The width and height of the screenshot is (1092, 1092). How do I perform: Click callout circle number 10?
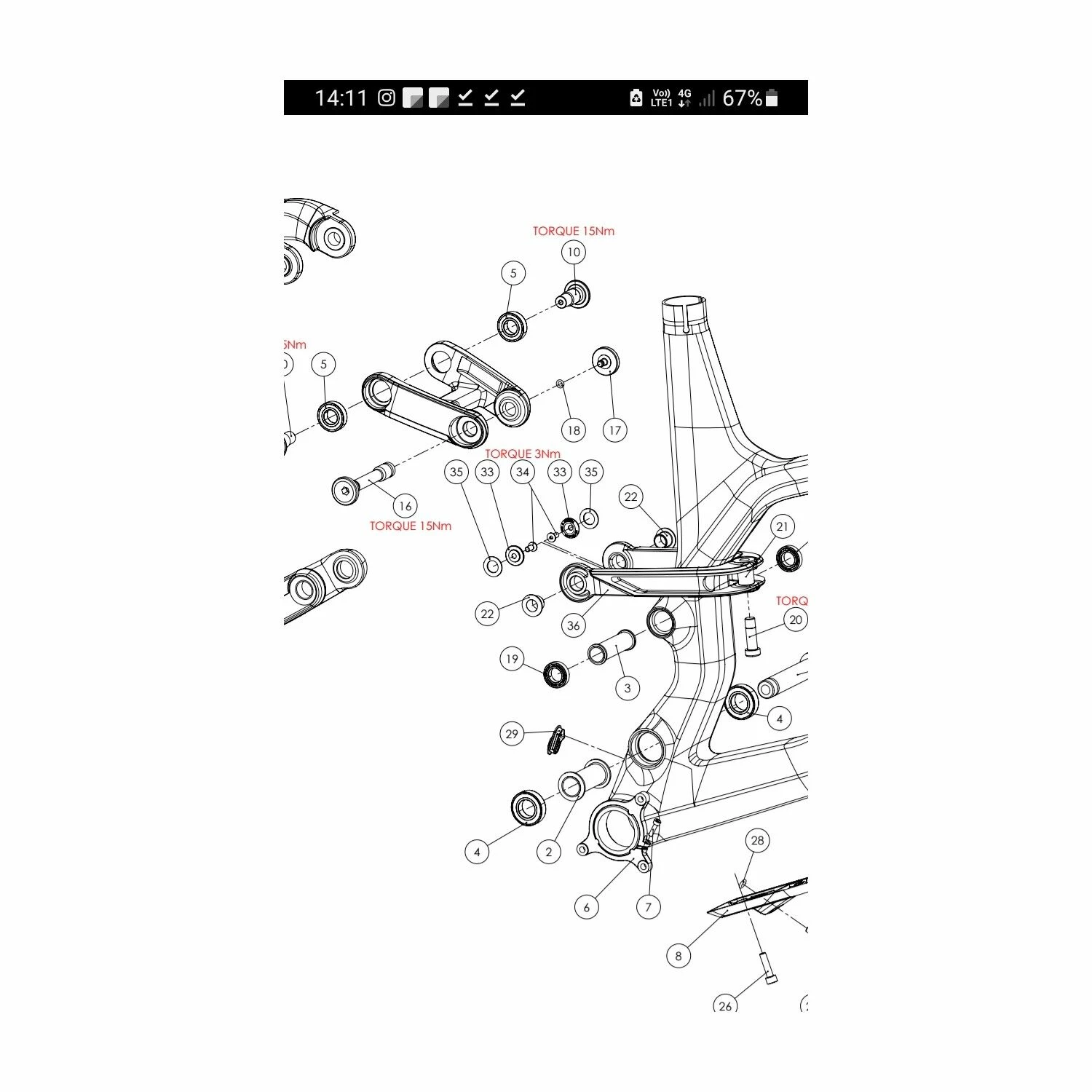[574, 253]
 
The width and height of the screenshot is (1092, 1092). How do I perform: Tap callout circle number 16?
[405, 506]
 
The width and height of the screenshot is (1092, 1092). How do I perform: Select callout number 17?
[615, 430]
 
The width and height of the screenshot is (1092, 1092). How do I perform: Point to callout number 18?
[574, 430]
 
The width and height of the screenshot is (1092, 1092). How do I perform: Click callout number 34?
[523, 472]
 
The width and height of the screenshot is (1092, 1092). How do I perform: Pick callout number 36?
[574, 625]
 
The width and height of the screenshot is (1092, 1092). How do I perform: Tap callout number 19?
[512, 660]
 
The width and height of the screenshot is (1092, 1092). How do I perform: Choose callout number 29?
[512, 734]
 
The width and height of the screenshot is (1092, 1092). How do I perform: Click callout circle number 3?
[628, 688]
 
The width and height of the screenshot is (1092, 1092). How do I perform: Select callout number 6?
[587, 907]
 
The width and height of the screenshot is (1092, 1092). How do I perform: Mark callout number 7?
[648, 907]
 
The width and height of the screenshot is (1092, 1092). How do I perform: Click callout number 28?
[758, 841]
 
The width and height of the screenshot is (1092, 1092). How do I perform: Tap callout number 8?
[678, 956]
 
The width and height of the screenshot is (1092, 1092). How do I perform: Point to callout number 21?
[783, 527]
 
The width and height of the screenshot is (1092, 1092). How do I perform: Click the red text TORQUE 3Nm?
[523, 454]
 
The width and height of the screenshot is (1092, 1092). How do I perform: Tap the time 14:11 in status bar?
[341, 98]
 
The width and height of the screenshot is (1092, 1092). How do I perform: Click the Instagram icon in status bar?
[387, 98]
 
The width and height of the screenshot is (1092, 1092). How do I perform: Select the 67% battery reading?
[742, 98]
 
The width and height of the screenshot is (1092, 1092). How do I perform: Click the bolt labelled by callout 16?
[362, 482]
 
